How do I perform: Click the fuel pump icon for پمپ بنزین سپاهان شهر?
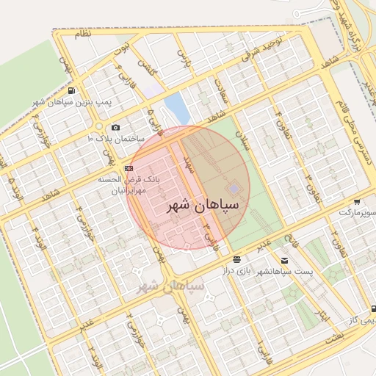[x=71, y=91]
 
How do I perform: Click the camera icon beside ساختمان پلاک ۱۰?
[x=115, y=128]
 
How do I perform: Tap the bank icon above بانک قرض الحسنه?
[x=129, y=168]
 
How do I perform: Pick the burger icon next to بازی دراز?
[x=236, y=260]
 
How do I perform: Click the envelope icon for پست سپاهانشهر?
[x=284, y=261]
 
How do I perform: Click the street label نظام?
[x=83, y=35]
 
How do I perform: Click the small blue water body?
[x=177, y=106]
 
